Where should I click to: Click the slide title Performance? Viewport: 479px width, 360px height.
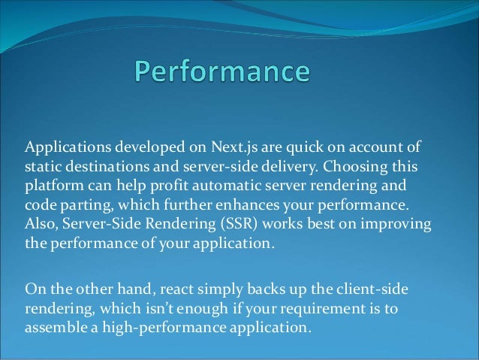pos(221,73)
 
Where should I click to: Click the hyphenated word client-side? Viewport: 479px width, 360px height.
pos(372,289)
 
